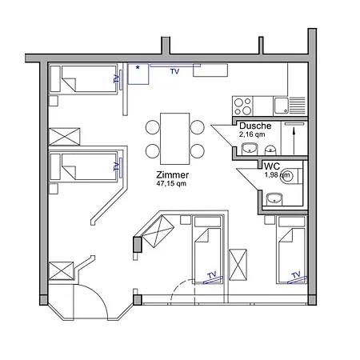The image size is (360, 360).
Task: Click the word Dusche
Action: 255,126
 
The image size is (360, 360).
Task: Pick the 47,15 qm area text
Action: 171,183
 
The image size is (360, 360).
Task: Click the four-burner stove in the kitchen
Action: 242,105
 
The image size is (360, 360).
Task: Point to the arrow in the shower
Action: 294,134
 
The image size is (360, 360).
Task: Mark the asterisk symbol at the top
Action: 138,69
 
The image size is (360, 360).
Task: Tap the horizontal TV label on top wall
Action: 174,70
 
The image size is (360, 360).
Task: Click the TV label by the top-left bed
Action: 117,79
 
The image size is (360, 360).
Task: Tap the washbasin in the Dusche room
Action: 270,147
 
